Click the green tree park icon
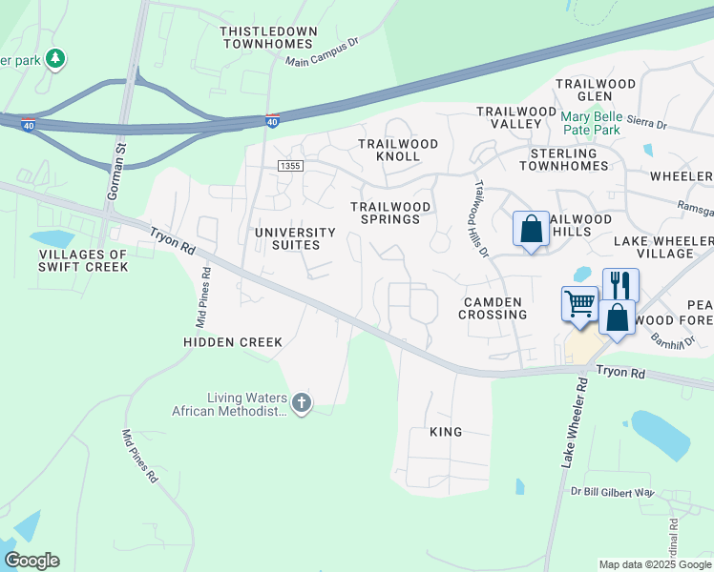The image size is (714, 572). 56,59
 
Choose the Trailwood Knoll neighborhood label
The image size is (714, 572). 398,150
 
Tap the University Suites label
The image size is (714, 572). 295,238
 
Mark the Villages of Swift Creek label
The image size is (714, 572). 83,260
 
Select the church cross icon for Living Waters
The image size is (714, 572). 302,403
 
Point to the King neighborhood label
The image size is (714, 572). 446,432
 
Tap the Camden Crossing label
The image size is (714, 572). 493,308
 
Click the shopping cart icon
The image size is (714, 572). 579,304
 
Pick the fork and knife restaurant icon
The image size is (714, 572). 619,284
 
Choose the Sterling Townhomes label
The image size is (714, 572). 563,159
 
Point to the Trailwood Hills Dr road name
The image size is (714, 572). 480,218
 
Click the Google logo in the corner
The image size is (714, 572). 31,561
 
